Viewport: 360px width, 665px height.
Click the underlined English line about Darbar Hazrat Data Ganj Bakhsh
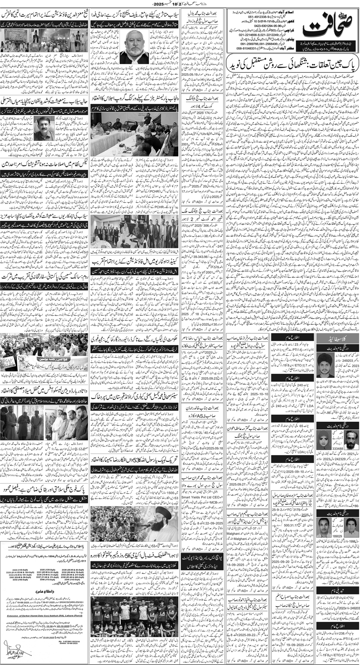click(43, 616)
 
